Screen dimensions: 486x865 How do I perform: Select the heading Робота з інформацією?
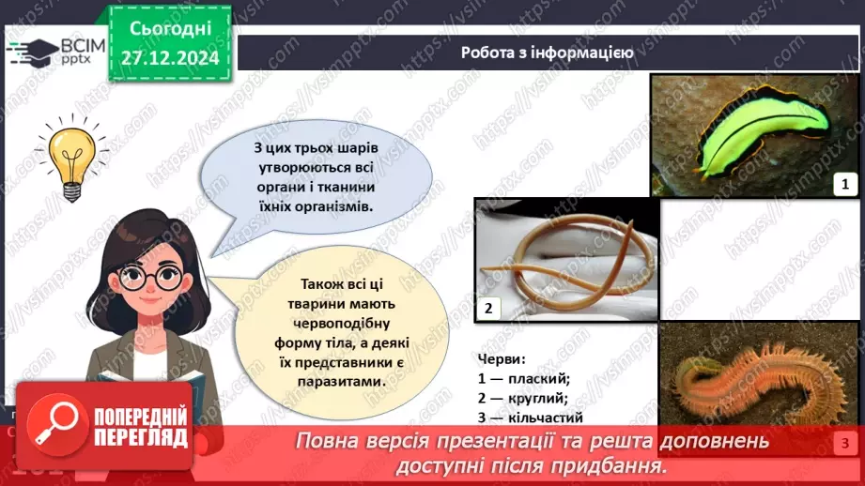click(x=547, y=53)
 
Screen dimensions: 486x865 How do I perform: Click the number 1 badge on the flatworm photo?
click(x=844, y=184)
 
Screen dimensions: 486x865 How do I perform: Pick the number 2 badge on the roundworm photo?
click(x=488, y=308)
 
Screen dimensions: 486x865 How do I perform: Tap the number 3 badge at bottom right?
click(x=844, y=444)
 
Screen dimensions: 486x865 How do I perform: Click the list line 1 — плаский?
click(x=524, y=379)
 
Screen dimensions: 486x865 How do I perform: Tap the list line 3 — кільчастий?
click(x=531, y=418)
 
